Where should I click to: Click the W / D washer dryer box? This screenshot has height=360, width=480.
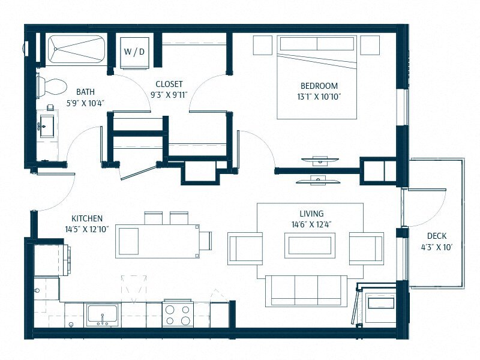(x=135, y=52)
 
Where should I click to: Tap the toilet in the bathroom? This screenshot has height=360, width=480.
(x=51, y=86)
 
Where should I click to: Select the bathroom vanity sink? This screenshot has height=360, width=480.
(x=47, y=127)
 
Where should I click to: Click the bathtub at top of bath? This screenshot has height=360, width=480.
(x=75, y=49)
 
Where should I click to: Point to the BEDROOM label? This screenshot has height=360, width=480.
(x=319, y=86)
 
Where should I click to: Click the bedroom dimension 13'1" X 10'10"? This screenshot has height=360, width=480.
(x=319, y=96)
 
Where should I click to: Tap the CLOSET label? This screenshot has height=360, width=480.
(x=169, y=85)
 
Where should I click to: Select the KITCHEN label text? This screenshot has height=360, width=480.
(x=87, y=218)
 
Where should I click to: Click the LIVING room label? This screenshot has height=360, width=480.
(x=311, y=214)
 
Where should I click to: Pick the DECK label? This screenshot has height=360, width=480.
(x=436, y=236)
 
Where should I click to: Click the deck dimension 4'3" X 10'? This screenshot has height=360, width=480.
(x=436, y=247)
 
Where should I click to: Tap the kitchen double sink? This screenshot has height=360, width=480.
(x=102, y=314)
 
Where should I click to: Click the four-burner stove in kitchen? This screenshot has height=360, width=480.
(x=177, y=314)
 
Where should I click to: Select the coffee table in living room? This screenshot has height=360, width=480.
(x=310, y=246)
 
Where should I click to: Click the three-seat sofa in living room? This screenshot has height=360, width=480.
(x=306, y=290)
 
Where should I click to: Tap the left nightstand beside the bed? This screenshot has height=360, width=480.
(x=262, y=45)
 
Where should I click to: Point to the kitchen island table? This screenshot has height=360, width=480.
(x=157, y=241)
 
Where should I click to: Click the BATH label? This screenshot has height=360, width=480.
(x=85, y=92)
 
